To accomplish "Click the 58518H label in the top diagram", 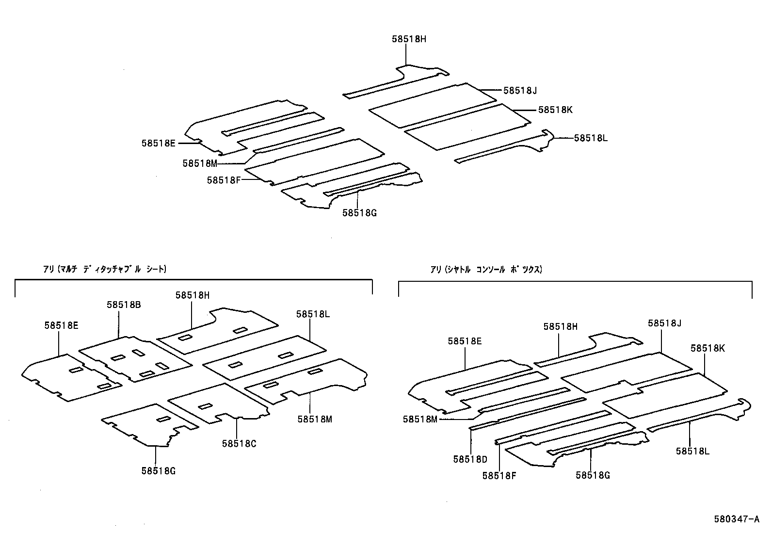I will click(x=409, y=39).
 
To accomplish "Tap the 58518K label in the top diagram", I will click(x=555, y=110).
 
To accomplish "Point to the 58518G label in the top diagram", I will click(x=359, y=212).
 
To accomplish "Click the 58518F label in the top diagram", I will click(x=224, y=180).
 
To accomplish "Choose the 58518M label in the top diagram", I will click(x=200, y=163).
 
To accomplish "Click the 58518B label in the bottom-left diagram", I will click(x=124, y=305).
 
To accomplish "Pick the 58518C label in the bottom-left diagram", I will click(x=239, y=443).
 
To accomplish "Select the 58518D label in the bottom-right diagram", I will click(x=470, y=459).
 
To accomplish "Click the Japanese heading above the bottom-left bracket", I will click(x=105, y=269).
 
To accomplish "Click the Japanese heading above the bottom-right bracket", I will click(x=486, y=269).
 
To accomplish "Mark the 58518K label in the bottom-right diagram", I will click(x=708, y=348).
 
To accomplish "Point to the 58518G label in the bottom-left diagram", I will click(x=159, y=470).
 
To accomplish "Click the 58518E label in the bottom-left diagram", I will click(x=61, y=325).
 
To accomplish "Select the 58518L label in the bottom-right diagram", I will click(x=692, y=451).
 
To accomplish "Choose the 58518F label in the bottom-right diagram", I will click(x=499, y=476).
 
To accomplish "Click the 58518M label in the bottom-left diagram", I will click(x=315, y=419).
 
